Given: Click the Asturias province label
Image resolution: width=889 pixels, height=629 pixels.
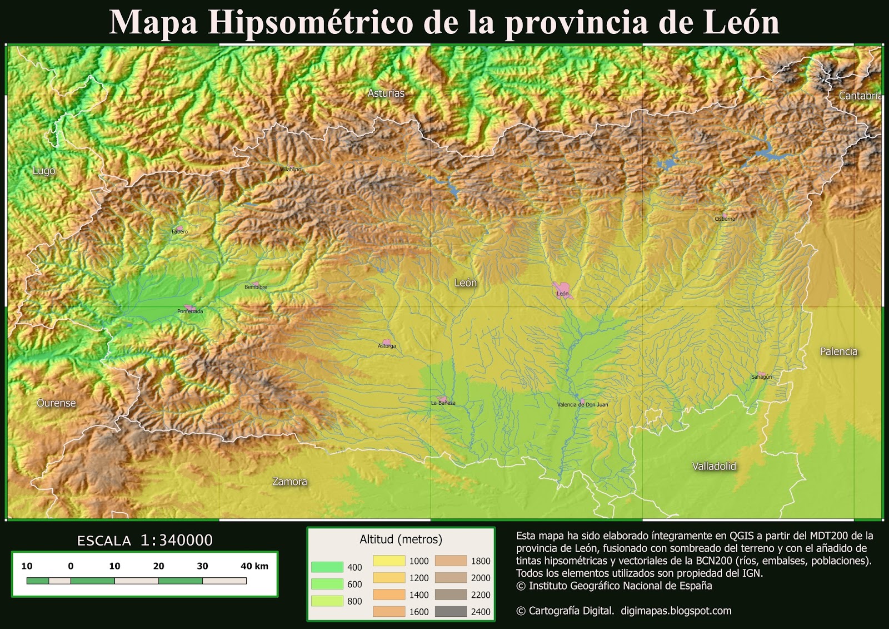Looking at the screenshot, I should (x=386, y=93).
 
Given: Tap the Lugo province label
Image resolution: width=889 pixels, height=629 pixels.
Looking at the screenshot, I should (x=44, y=171).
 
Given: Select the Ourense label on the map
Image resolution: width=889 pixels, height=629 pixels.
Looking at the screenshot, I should (x=56, y=403).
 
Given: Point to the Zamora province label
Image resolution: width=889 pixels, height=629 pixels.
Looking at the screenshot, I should (x=289, y=482).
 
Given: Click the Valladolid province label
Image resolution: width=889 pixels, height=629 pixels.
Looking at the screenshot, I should (x=714, y=467).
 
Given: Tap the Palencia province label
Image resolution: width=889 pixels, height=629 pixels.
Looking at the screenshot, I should (x=838, y=351).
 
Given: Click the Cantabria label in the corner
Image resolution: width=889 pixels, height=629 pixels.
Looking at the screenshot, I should (x=860, y=96).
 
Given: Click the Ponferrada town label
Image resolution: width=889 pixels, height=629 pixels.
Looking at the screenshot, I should (x=190, y=311).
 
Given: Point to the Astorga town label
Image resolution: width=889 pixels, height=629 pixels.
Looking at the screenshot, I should (x=387, y=346).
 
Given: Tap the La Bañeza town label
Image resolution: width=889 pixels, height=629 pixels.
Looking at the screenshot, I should (x=443, y=403).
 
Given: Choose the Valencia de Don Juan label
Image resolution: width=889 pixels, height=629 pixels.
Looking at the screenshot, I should (x=582, y=405).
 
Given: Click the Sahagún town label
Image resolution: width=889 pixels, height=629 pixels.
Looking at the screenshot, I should (x=761, y=377).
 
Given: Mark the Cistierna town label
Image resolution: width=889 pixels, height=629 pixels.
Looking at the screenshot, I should (x=725, y=219).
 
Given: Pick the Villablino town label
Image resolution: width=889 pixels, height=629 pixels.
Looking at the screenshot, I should (x=291, y=169).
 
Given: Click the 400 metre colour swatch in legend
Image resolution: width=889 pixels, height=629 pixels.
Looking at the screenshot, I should (x=327, y=567).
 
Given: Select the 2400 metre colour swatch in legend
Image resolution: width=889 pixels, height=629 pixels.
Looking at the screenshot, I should (x=451, y=612).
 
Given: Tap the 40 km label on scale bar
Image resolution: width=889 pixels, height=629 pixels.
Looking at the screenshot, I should (x=254, y=566).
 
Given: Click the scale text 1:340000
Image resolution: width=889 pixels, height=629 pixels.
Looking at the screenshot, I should (x=177, y=540).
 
